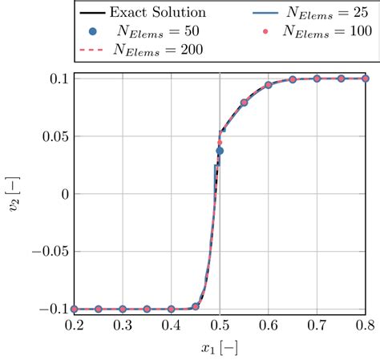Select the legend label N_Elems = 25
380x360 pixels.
click(329, 13)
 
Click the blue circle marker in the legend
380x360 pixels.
click(94, 31)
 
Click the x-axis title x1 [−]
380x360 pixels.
click(220, 348)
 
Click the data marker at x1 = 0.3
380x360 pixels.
click(123, 309)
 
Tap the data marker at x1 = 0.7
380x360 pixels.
click(317, 79)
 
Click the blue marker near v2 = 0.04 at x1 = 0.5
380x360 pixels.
click(220, 150)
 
